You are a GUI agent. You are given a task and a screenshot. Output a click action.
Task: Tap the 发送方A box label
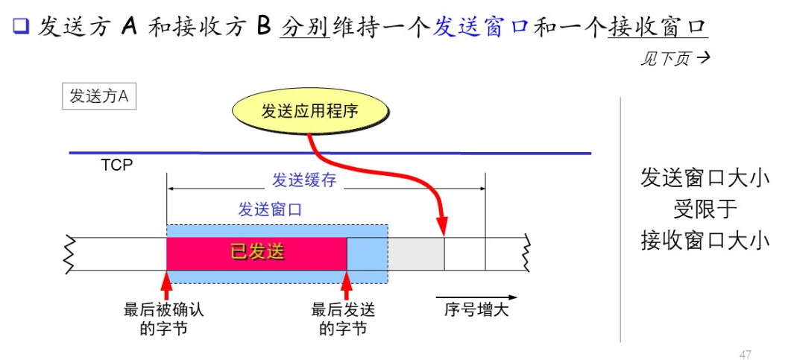point(98,96)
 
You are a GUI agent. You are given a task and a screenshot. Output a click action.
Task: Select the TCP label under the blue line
point(116,165)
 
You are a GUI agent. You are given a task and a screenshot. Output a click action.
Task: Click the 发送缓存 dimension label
point(302,180)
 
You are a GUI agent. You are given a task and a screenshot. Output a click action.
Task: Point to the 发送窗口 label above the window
point(270,209)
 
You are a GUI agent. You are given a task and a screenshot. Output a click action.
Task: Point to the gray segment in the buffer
point(416,253)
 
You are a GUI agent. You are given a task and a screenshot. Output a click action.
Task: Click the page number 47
point(745,353)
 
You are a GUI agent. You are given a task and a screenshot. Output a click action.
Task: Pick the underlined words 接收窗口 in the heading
point(657,28)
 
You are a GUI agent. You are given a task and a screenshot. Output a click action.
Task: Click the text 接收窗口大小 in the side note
point(705,241)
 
